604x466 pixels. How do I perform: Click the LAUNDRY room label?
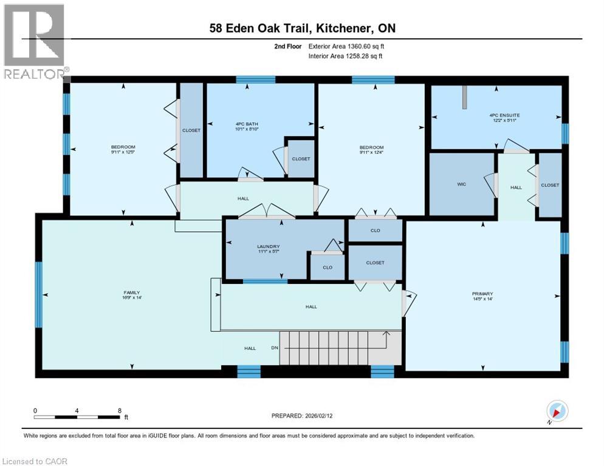(x=268, y=246)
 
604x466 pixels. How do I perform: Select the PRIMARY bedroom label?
(x=482, y=294)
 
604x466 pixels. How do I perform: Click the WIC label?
(x=461, y=184)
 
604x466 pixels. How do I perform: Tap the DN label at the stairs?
(x=274, y=348)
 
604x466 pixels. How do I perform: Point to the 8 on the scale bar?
(x=118, y=410)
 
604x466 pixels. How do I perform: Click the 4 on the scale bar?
(x=77, y=410)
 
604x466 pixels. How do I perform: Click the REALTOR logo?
(x=35, y=41)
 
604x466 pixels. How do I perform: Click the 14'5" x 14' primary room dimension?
(x=482, y=299)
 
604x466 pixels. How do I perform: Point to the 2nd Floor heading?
(x=287, y=46)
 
